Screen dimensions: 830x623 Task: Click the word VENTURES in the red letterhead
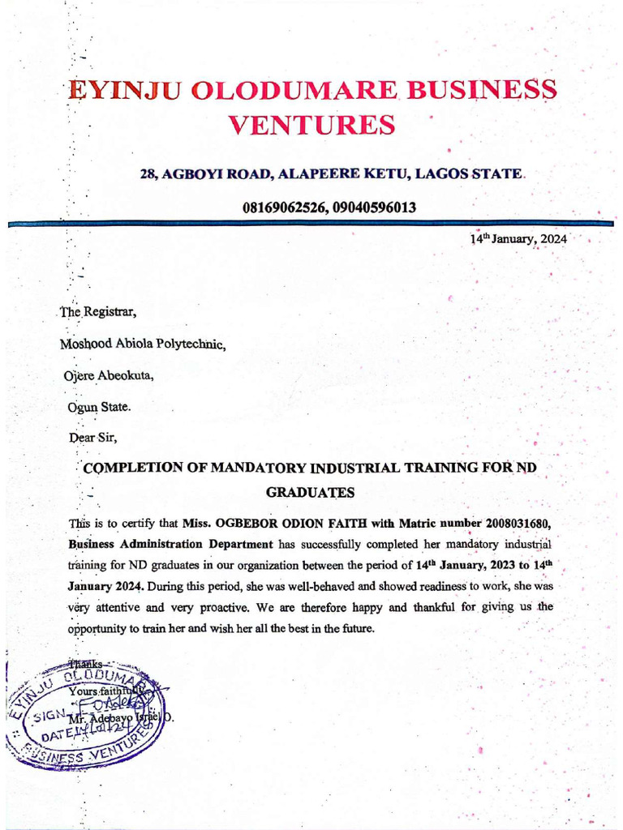tap(313, 125)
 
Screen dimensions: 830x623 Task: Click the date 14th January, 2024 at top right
tap(519, 240)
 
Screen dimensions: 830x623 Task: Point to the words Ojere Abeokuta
tap(107, 375)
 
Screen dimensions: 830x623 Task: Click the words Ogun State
tap(99, 407)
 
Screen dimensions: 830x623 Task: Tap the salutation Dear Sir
tap(94, 439)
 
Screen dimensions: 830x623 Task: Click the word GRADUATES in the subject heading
tap(311, 492)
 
